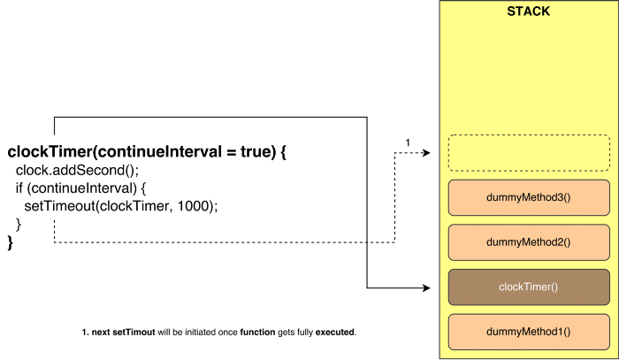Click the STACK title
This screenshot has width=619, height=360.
528,12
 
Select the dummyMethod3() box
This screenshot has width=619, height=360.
529,197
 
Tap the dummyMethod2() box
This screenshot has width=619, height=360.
529,241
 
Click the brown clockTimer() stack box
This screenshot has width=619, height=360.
529,287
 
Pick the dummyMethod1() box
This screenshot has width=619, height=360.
529,331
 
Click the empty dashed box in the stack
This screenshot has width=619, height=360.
529,152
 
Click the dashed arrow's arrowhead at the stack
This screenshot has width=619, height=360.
426,153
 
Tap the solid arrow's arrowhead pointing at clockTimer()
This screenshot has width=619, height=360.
426,287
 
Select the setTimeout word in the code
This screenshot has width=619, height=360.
57,205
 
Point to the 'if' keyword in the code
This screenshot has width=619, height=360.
19,188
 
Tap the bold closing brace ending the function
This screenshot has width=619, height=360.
11,241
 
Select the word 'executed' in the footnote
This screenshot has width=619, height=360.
331,333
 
